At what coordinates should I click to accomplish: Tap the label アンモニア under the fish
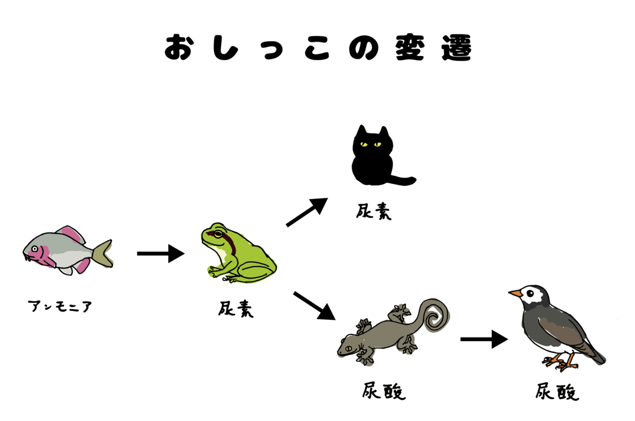click(60, 306)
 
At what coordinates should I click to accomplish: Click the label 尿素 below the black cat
click(374, 212)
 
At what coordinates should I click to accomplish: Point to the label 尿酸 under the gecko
click(384, 392)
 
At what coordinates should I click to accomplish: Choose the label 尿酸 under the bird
click(557, 392)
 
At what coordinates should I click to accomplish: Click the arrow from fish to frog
click(160, 254)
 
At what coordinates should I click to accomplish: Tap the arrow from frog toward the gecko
click(314, 306)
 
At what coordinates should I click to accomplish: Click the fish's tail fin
click(103, 252)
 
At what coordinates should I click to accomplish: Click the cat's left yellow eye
click(363, 143)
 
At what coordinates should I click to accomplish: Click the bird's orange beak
click(515, 292)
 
